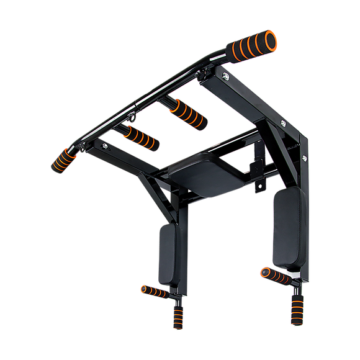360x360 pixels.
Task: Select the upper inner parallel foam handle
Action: pyautogui.click(x=185, y=113)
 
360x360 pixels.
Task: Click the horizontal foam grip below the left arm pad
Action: pyautogui.click(x=153, y=290)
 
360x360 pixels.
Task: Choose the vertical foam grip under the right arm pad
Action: pyautogui.click(x=297, y=308)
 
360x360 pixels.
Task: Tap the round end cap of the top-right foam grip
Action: pyautogui.click(x=271, y=38)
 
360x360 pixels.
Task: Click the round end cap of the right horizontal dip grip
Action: pyautogui.click(x=263, y=270)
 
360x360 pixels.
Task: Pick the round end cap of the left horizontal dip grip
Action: pyautogui.click(x=143, y=288)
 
